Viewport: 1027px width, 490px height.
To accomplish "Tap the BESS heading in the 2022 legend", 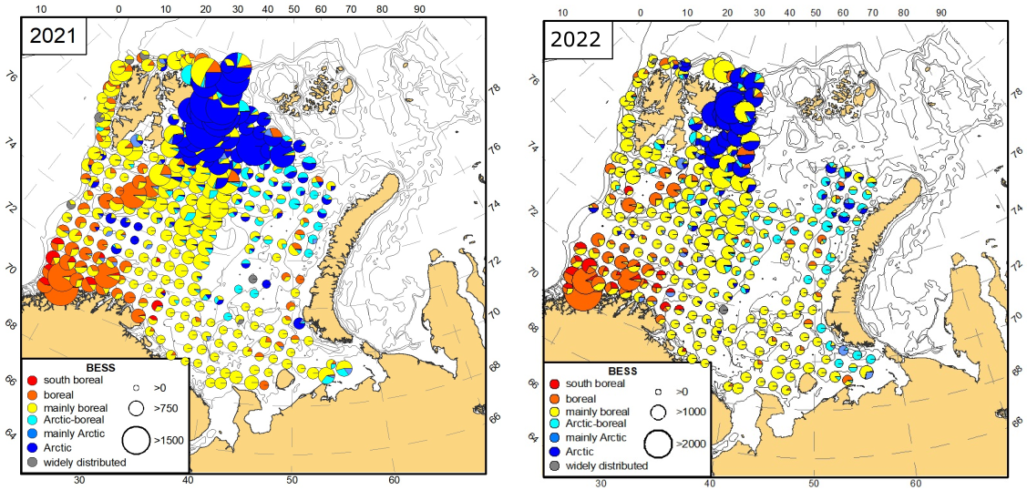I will tap(622, 372).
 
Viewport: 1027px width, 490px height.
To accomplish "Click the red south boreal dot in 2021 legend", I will tap(31, 380).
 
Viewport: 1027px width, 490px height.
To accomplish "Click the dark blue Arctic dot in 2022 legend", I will tap(556, 452).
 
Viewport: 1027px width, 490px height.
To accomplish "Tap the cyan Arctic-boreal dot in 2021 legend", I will tap(31, 421).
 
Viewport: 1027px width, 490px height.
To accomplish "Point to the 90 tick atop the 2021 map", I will tap(419, 8).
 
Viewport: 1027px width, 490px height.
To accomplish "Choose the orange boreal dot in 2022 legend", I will tap(556, 398).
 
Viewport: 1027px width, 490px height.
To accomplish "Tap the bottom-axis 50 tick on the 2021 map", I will tap(292, 480).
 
